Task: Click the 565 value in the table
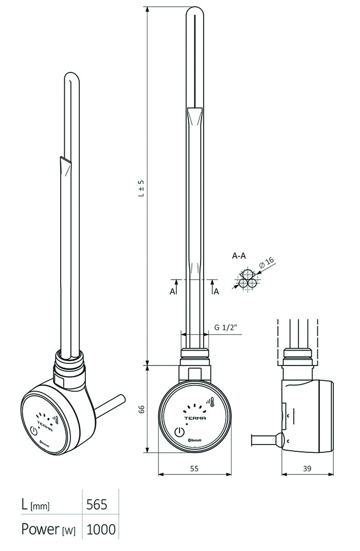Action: [97, 505]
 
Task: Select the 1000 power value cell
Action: [101, 529]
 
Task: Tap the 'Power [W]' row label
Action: [48, 529]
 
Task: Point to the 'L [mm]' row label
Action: [35, 505]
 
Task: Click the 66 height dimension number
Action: [141, 409]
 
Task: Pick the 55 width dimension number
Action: [194, 468]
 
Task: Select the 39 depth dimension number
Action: [307, 468]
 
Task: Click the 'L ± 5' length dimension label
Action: [141, 188]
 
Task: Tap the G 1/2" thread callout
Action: [226, 327]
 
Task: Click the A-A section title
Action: [239, 256]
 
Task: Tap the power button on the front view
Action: [179, 432]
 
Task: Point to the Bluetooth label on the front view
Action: [195, 440]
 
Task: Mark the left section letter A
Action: [172, 291]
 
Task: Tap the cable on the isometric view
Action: [110, 407]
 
